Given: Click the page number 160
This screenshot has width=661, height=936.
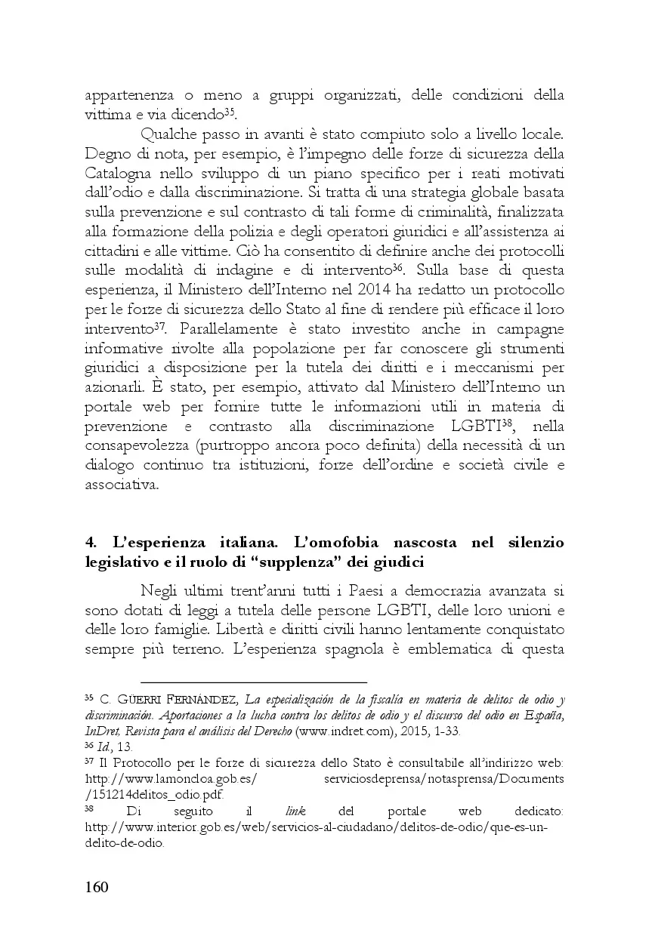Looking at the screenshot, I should tap(96, 886).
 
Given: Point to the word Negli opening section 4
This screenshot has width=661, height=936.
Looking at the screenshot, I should tap(162, 591).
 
